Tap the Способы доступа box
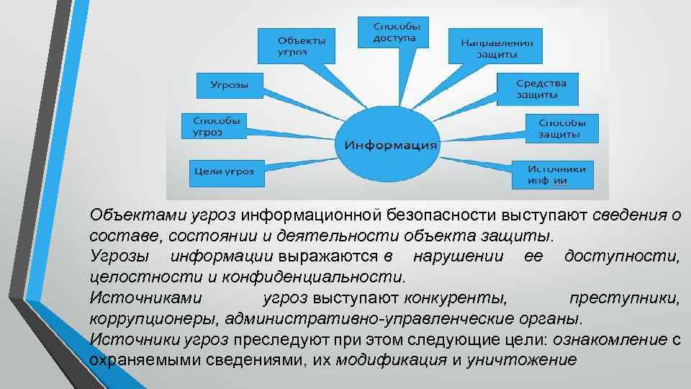click(x=394, y=32)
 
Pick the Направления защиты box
click(x=496, y=48)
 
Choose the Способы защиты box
click(x=561, y=128)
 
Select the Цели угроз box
click(x=223, y=171)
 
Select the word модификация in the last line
click(x=391, y=360)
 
